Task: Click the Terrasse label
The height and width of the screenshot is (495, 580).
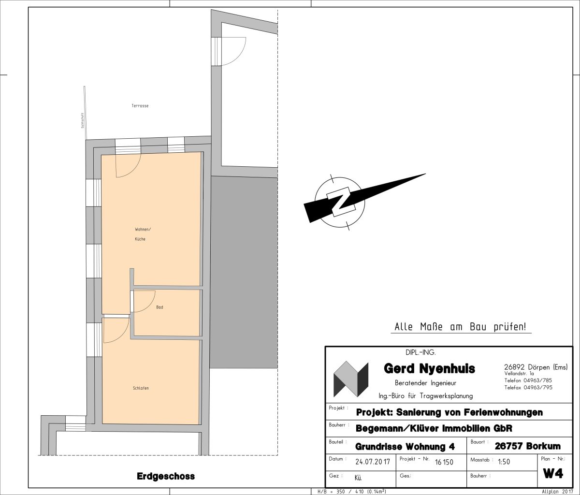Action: click(140, 106)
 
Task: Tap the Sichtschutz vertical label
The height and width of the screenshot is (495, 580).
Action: click(83, 120)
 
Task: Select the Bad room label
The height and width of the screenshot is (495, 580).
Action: click(159, 307)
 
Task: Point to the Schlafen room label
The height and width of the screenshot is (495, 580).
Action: click(141, 388)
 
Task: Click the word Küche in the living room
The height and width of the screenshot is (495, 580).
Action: click(140, 239)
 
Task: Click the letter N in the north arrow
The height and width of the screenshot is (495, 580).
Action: click(340, 202)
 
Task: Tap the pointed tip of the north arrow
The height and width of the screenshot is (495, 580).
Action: click(426, 174)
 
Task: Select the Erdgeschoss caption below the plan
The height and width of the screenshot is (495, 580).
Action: click(166, 476)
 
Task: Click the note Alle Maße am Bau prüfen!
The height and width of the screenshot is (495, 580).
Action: click(461, 327)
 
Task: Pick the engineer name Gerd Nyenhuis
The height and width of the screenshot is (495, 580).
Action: click(429, 368)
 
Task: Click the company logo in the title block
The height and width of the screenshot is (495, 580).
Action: click(351, 379)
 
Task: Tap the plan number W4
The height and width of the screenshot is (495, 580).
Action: click(553, 474)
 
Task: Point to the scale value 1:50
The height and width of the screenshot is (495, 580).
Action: click(504, 462)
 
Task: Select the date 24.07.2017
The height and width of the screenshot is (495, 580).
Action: click(373, 462)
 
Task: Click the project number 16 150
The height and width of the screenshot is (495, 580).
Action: click(444, 462)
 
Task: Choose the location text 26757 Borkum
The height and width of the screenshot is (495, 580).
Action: click(527, 446)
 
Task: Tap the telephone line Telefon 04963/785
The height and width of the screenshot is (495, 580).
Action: click(528, 380)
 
